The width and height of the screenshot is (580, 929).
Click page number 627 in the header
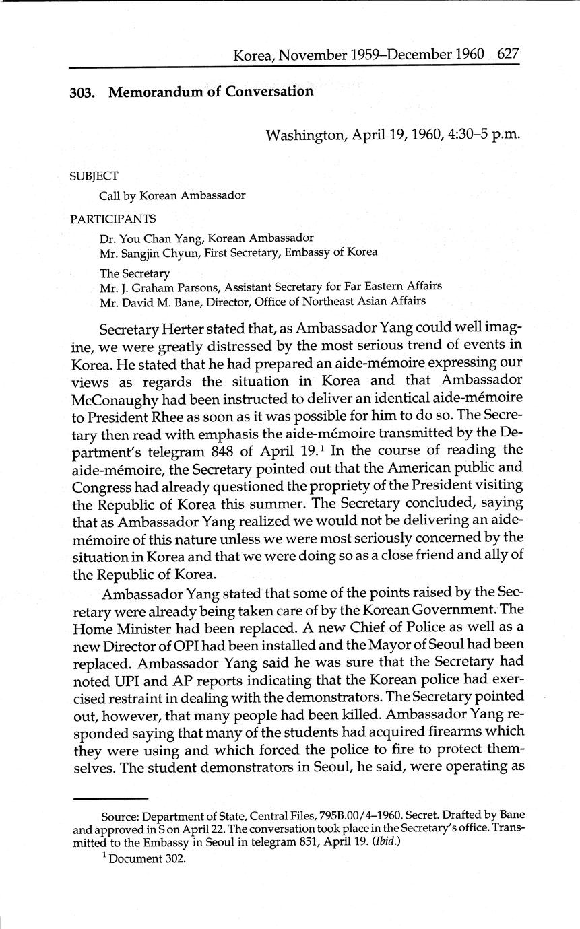point(507,55)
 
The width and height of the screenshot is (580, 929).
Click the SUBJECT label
point(94,176)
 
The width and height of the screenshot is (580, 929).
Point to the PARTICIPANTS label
point(112,219)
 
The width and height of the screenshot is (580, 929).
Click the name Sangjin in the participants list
point(145,252)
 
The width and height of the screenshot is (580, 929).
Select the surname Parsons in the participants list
point(198,287)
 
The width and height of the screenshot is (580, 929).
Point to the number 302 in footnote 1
point(173,859)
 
